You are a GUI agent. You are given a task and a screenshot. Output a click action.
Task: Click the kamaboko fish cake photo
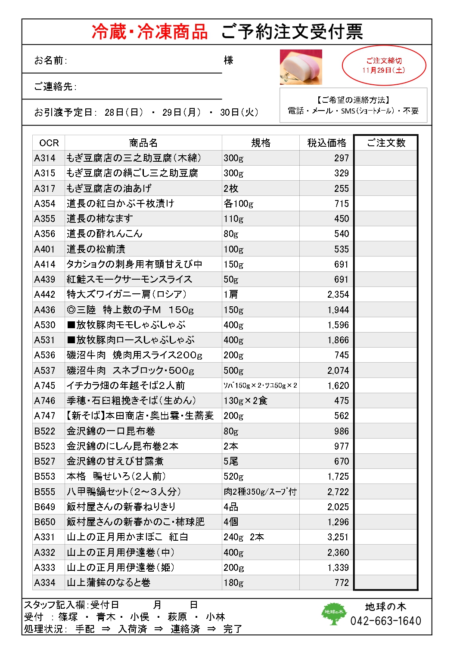click(x=301, y=67)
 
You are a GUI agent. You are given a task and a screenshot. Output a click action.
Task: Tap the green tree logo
click(x=333, y=613)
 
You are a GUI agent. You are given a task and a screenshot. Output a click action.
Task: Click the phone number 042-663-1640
click(x=385, y=621)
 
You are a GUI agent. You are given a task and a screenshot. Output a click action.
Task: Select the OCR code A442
click(x=45, y=294)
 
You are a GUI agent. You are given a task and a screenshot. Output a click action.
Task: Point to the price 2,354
click(x=338, y=295)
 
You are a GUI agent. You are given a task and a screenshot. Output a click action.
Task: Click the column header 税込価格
click(x=326, y=143)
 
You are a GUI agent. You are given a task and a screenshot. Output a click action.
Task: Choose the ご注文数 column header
click(x=386, y=143)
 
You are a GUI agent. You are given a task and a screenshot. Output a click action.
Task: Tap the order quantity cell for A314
click(x=386, y=158)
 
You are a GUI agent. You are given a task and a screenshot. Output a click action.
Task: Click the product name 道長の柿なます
click(x=100, y=219)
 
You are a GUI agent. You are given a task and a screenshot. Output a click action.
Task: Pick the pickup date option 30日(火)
click(x=239, y=112)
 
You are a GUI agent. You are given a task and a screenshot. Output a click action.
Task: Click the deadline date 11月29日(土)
click(x=383, y=70)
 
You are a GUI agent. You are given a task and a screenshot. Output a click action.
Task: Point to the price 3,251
click(x=338, y=537)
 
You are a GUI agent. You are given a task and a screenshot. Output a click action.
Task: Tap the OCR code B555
click(x=45, y=492)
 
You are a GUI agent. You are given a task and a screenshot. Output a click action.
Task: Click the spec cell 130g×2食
click(x=245, y=400)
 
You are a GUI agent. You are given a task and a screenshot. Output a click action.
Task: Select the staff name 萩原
click(x=177, y=617)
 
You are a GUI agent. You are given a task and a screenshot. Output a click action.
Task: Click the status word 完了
click(x=233, y=629)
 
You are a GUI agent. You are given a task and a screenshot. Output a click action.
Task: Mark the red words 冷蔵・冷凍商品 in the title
click(x=150, y=32)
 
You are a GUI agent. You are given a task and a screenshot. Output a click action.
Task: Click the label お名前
click(x=50, y=60)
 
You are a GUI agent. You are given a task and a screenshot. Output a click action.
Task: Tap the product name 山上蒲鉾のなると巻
click(x=109, y=582)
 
